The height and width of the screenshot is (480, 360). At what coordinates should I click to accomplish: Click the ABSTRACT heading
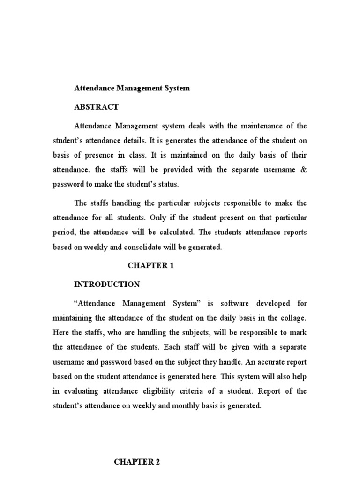[x=96, y=107]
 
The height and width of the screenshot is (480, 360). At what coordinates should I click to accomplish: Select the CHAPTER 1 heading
[x=151, y=266]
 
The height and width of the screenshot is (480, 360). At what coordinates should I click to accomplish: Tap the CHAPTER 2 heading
[x=137, y=462]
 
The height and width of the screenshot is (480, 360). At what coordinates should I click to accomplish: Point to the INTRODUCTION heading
[x=107, y=284]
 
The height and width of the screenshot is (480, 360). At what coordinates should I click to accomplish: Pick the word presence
[x=112, y=155]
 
